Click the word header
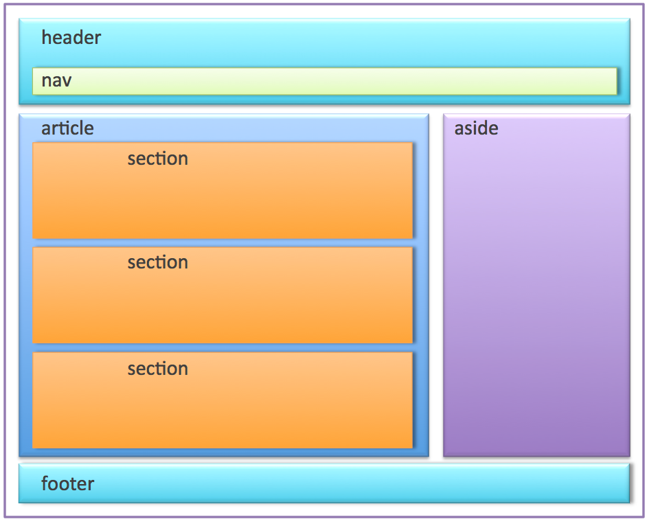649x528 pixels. click(x=71, y=38)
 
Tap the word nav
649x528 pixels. click(x=56, y=81)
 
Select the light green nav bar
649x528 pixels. click(x=343, y=81)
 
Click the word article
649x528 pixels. click(x=67, y=128)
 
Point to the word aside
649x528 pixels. click(x=476, y=128)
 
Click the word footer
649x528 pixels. click(x=67, y=484)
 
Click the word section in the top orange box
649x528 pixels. click(x=157, y=159)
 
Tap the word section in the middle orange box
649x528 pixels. click(x=157, y=263)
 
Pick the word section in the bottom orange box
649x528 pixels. click(x=157, y=369)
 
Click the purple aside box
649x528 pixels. click(x=536, y=295)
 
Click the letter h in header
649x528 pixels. click(x=46, y=37)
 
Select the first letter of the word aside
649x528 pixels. click(x=459, y=129)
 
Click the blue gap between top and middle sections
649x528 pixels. click(x=223, y=243)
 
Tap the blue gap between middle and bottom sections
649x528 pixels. click(x=223, y=347)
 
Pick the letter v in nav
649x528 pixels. click(x=67, y=82)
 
